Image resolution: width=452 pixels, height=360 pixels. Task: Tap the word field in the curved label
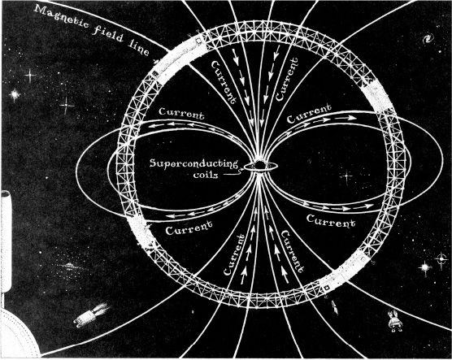[x=108, y=33]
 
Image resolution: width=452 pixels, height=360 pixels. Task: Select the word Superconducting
[x=193, y=163]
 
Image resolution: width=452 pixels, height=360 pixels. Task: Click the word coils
[x=206, y=175]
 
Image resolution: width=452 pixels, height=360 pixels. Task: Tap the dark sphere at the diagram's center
[x=259, y=165]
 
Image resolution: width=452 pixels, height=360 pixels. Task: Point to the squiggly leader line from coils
[x=232, y=173]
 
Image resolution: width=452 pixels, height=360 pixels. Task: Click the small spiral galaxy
[x=428, y=39]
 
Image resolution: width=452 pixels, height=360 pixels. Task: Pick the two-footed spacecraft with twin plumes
[x=394, y=321]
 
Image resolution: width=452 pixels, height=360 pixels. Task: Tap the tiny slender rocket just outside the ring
[x=334, y=306]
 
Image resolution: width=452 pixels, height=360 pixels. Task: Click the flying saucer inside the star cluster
[x=68, y=266]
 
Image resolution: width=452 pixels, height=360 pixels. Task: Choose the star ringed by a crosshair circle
[x=441, y=258]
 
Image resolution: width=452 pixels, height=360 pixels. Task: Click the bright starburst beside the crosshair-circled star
[x=425, y=267]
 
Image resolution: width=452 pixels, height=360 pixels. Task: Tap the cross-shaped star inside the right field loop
[x=346, y=176]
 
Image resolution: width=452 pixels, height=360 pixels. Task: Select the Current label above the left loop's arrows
[x=181, y=113]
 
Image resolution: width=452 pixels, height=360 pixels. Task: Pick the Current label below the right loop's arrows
[x=331, y=221]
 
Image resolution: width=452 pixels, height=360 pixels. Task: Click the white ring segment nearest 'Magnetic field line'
[x=178, y=57]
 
